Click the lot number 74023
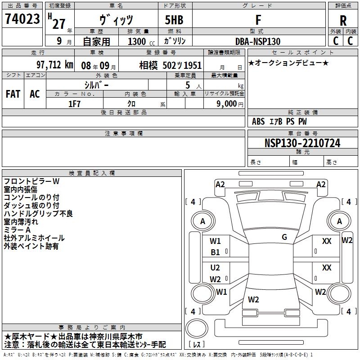click(22, 19)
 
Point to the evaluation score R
click(343, 21)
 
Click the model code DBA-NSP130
click(257, 41)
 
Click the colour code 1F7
click(75, 103)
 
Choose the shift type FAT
click(13, 94)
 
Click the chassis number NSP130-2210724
click(302, 143)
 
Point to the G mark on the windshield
click(284, 237)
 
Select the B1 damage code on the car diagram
click(216, 252)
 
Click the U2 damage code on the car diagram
click(216, 268)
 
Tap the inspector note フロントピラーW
click(31, 181)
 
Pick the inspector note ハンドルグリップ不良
click(38, 213)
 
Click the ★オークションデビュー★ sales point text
click(288, 63)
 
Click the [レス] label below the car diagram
click(197, 345)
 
